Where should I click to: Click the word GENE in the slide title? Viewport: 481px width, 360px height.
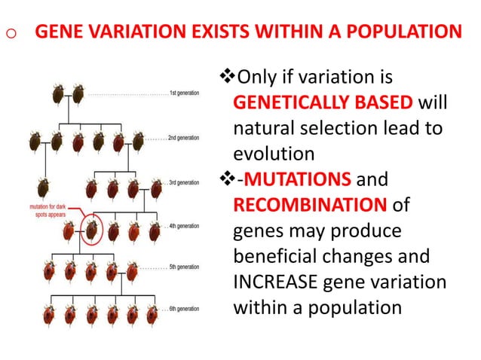click(x=60, y=33)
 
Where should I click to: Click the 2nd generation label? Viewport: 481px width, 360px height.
click(x=182, y=139)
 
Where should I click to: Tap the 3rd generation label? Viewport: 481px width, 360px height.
click(x=182, y=183)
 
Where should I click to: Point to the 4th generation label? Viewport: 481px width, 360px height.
click(x=182, y=226)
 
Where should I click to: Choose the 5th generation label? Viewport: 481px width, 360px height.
click(x=182, y=267)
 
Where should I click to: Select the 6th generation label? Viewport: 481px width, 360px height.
click(x=182, y=309)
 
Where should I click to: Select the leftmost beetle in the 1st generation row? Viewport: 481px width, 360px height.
click(x=58, y=94)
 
